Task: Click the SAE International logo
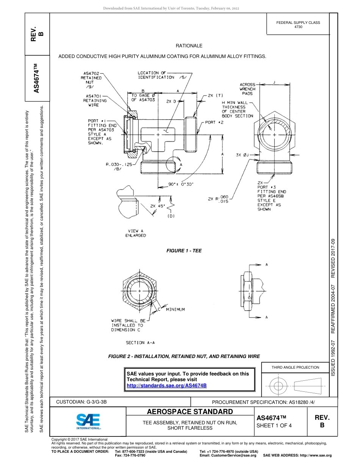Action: [88, 421]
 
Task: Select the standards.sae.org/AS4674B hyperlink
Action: [166, 385]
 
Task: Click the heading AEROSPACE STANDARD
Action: [190, 412]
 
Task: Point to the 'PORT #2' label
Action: [214, 122]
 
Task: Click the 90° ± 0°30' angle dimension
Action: [181, 184]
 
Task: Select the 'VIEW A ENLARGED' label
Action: [135, 233]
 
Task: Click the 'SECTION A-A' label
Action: [140, 342]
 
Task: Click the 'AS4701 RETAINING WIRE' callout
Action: [95, 101]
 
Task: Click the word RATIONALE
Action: [189, 45]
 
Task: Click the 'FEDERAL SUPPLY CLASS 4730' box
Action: [298, 25]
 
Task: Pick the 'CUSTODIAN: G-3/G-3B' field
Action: [84, 402]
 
